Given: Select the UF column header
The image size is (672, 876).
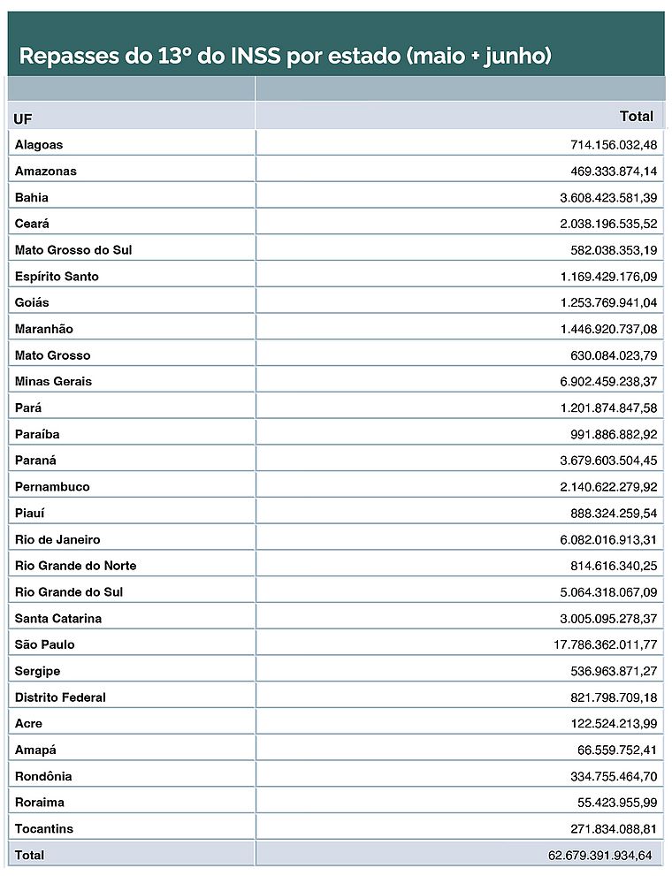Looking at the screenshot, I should (23, 118).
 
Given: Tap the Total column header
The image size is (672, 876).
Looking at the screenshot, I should (637, 116).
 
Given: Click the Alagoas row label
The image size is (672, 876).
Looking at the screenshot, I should (39, 144).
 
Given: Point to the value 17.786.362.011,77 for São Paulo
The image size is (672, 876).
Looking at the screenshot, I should (606, 644).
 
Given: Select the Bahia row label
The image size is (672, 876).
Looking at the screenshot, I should (32, 197).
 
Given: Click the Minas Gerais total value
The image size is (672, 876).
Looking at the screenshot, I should (608, 381).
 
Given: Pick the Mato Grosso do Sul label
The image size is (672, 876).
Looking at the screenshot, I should (73, 249).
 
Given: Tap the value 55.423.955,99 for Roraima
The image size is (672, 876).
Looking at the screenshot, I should (617, 802).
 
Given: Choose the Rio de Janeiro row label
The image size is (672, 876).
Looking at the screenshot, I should (57, 539).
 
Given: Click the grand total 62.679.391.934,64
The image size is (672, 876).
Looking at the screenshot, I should (599, 855).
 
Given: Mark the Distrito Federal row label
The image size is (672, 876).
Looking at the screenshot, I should (60, 697).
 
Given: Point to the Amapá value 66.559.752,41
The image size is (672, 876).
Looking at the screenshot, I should (617, 750).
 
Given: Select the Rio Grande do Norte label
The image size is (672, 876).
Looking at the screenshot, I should (75, 565).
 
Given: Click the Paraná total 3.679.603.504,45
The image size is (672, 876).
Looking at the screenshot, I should (608, 460).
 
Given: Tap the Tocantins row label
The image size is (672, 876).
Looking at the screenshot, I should (44, 828).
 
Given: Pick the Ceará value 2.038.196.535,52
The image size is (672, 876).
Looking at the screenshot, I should (608, 224).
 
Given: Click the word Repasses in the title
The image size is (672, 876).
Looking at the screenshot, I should (68, 57).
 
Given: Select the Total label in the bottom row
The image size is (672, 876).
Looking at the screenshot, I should (29, 855).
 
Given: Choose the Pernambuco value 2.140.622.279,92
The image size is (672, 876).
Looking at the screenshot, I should (608, 486).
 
